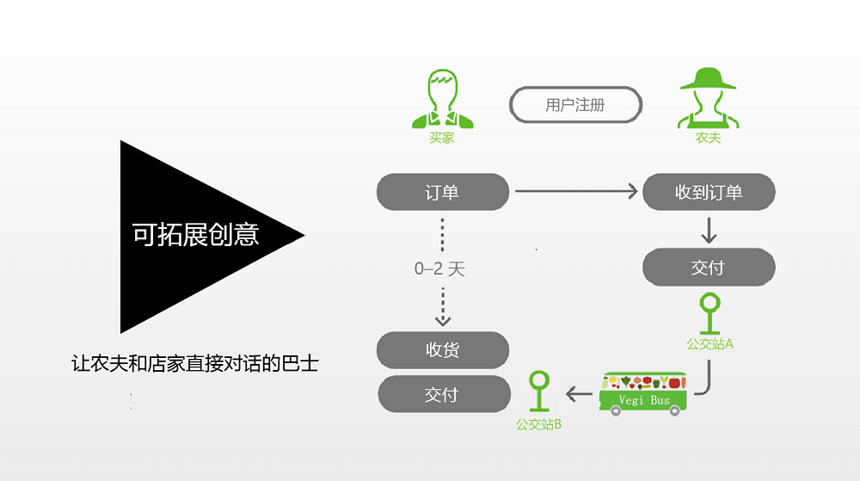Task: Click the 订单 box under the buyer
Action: click(443, 192)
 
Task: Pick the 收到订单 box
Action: click(709, 192)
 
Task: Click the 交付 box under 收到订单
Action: click(709, 267)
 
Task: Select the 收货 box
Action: click(443, 350)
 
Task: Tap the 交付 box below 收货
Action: click(444, 394)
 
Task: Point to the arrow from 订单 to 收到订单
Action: click(576, 191)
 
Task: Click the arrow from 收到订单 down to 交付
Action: click(709, 231)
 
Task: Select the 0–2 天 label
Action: click(439, 268)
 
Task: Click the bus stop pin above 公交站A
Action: click(709, 313)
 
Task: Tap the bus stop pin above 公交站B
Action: click(539, 391)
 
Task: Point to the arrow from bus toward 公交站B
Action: click(579, 394)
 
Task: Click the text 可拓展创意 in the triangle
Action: click(195, 235)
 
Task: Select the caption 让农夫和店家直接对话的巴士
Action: click(194, 364)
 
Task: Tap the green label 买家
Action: click(442, 138)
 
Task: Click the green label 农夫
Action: click(708, 138)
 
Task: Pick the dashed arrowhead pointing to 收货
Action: click(443, 320)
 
